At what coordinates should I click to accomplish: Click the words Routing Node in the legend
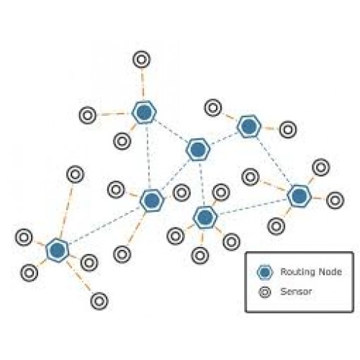[x=311, y=271]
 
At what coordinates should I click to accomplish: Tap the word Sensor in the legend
[x=296, y=292]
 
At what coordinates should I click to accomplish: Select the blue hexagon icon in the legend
[x=265, y=272]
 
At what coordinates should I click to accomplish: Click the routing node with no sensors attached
[x=198, y=149]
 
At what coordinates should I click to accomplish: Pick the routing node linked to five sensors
[x=57, y=250]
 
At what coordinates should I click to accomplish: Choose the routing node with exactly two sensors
[x=249, y=126]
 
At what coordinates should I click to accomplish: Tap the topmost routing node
[x=144, y=112]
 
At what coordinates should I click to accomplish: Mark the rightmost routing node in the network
[x=299, y=196]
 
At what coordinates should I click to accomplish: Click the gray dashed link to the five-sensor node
[x=104, y=225]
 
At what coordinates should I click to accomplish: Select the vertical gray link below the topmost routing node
[x=148, y=156]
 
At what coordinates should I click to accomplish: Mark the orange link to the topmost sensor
[x=143, y=84]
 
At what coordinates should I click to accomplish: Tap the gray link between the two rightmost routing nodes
[x=274, y=161]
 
